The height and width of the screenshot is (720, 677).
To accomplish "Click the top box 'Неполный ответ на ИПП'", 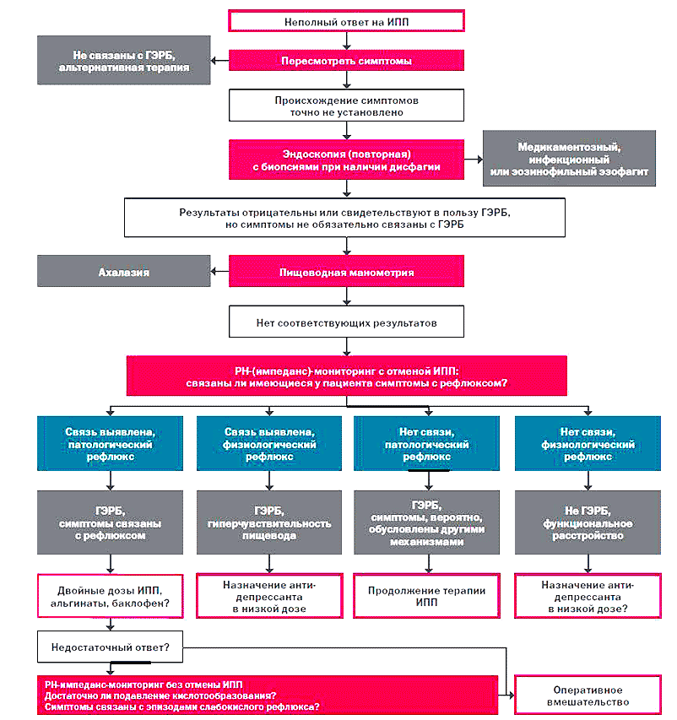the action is tap(346, 21).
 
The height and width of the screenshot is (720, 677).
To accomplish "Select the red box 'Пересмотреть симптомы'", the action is tap(346, 61).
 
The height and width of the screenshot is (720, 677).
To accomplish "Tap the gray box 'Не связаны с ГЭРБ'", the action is tap(124, 60).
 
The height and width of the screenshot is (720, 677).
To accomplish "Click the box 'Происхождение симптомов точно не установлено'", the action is tap(346, 106).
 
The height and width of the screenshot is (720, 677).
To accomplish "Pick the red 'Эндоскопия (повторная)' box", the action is tap(346, 160).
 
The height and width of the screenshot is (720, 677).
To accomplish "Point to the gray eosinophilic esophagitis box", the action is tap(569, 159).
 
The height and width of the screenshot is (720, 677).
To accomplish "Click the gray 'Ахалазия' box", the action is tap(124, 272).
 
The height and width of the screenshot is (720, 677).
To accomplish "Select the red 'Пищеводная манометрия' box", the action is tap(346, 272).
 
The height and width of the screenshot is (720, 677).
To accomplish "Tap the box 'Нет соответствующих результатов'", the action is tap(346, 322).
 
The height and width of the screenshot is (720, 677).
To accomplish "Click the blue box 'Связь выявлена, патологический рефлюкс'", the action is tap(111, 444).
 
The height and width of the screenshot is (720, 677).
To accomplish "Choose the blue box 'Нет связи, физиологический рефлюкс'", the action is tap(588, 444).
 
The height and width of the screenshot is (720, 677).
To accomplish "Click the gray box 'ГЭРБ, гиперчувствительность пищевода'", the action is tap(269, 522).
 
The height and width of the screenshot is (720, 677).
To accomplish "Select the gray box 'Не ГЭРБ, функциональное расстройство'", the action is tap(588, 522).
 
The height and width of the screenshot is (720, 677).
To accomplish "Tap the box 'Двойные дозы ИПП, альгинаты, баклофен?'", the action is tap(111, 596).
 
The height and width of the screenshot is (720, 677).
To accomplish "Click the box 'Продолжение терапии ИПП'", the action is tap(426, 596).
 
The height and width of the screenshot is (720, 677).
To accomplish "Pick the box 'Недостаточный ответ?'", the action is tap(111, 647).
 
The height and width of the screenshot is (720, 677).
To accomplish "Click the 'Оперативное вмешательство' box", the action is tap(588, 696).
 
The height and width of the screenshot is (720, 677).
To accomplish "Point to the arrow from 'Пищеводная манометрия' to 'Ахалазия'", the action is tap(220, 272).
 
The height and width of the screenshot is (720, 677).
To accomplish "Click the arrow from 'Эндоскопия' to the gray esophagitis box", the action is tap(474, 160).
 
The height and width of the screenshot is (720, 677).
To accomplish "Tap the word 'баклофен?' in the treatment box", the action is tap(147, 603).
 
